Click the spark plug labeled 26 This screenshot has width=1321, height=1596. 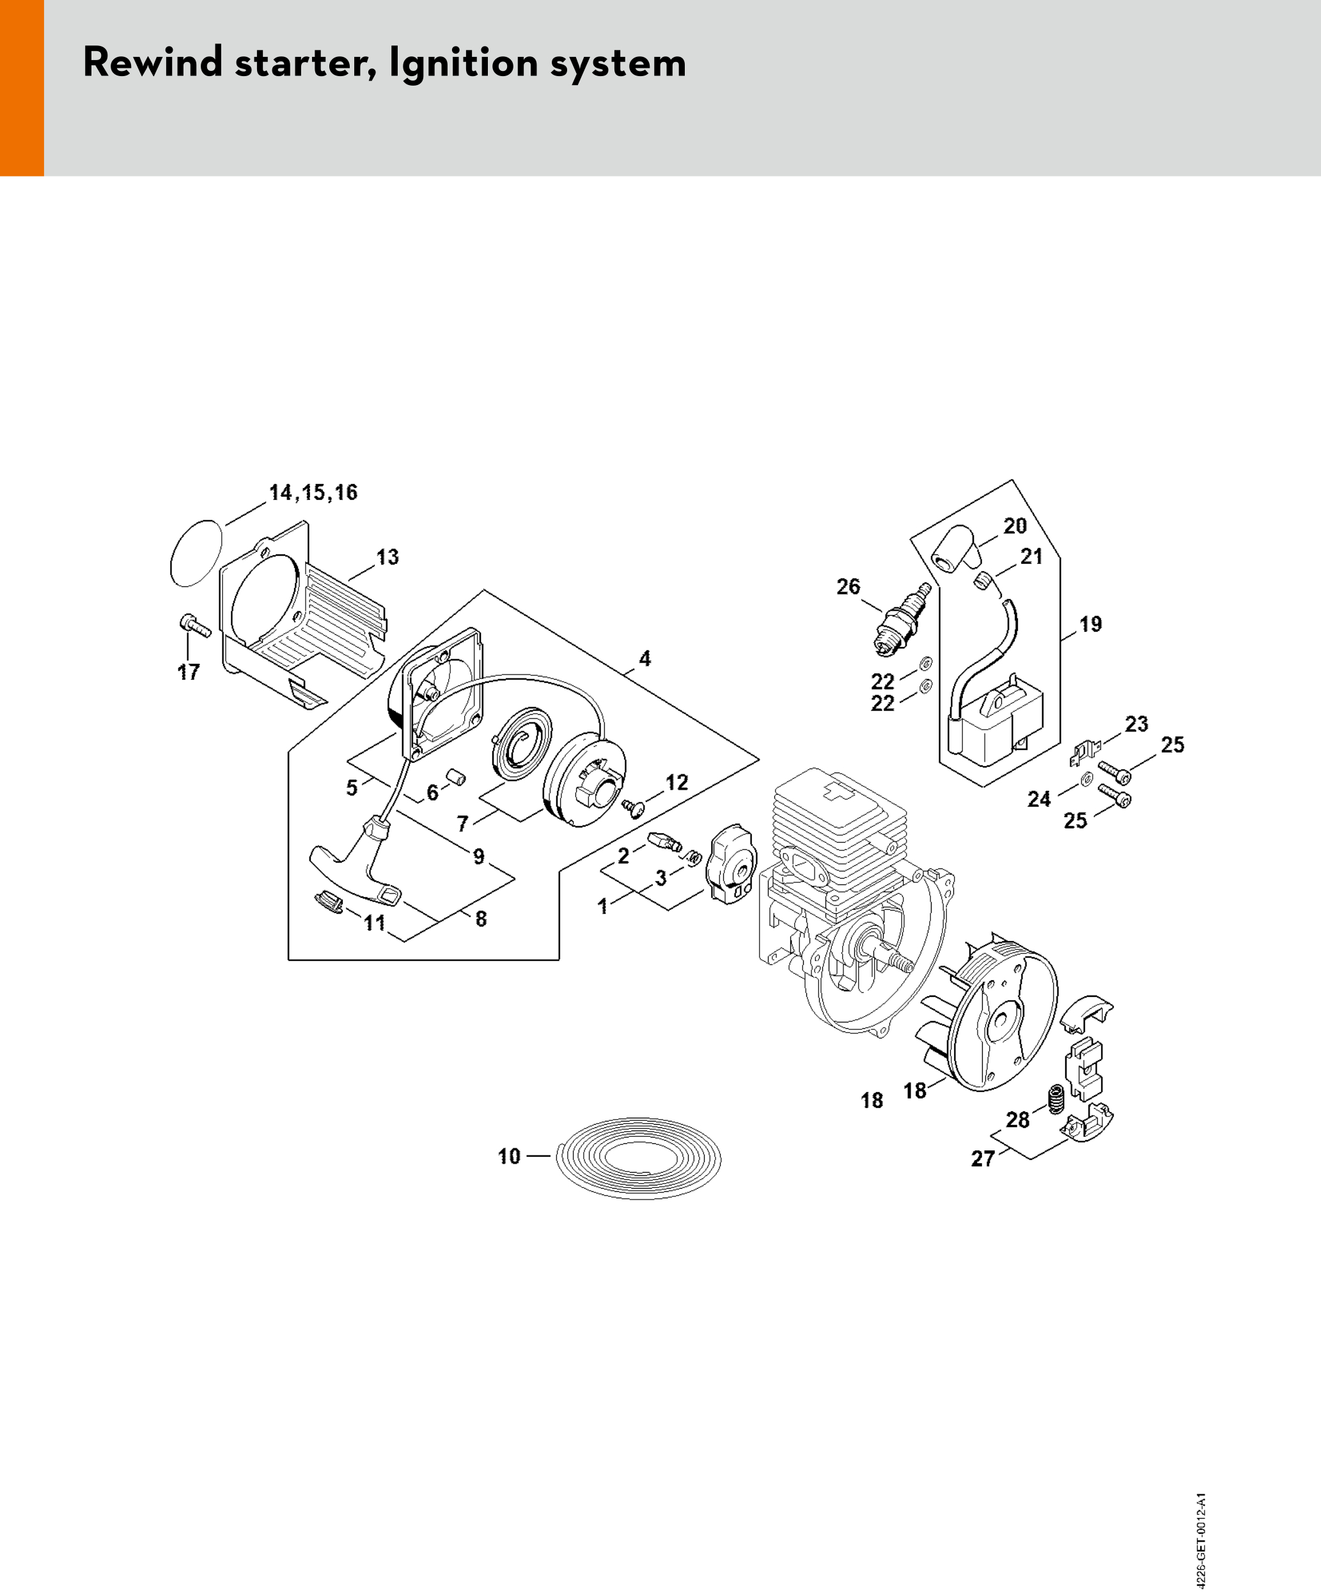coord(903,620)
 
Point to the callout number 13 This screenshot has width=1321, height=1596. coord(387,557)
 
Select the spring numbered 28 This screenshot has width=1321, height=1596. coord(1056,1100)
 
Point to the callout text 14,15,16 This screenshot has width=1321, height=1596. coord(313,492)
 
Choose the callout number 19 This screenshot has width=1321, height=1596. coord(1091,624)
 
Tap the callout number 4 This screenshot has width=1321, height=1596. coord(645,658)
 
